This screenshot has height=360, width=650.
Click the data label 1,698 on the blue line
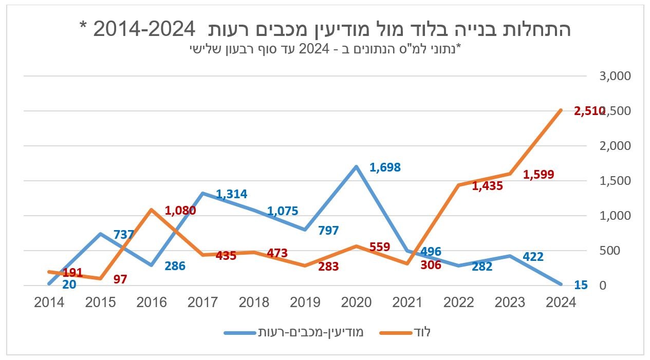(x=385, y=167)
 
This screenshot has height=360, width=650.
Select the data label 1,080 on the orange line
(x=180, y=210)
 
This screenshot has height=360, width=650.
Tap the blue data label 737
(x=124, y=235)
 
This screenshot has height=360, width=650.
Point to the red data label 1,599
(x=538, y=175)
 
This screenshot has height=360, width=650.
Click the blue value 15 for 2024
(x=581, y=285)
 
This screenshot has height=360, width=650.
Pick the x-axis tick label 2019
(x=305, y=302)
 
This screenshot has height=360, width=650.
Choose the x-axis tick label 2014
(x=49, y=302)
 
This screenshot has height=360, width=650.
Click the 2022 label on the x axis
(x=459, y=302)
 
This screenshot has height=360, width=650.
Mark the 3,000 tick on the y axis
(x=615, y=76)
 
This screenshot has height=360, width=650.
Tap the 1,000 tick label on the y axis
(x=615, y=216)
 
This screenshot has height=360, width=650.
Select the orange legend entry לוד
(x=405, y=332)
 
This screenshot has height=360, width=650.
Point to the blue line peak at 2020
(x=356, y=166)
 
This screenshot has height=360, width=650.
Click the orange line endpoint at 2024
(x=561, y=110)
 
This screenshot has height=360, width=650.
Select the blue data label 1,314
(x=231, y=194)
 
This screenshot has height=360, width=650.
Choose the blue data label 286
(x=175, y=266)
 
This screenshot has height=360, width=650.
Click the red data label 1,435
(x=487, y=186)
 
